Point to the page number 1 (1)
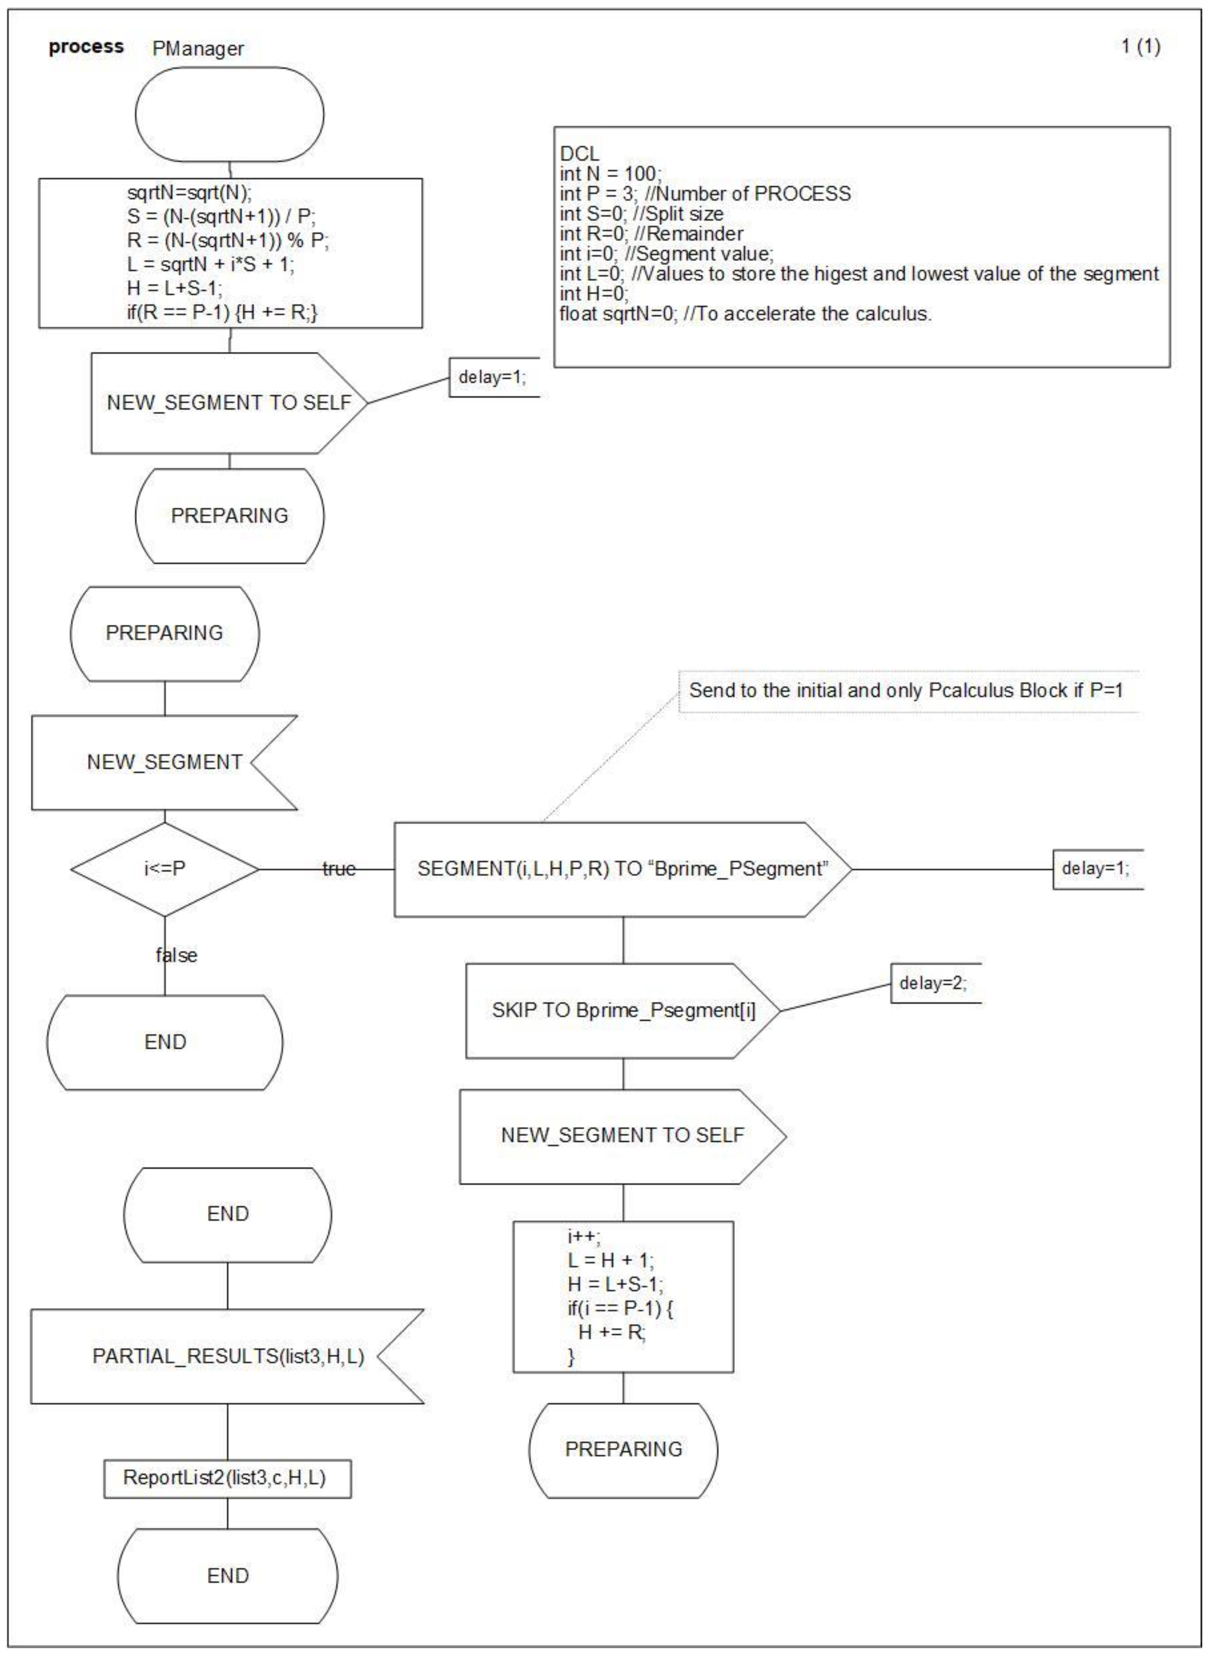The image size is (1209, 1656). [1140, 47]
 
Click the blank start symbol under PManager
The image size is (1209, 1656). [229, 115]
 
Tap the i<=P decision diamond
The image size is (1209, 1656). [165, 869]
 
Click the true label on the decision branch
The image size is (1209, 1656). [339, 869]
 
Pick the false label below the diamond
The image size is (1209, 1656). [176, 955]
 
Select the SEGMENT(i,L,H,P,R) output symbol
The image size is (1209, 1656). [622, 869]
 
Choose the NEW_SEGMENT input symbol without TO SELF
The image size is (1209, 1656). [164, 762]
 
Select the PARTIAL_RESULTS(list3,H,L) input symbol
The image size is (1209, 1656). [228, 1356]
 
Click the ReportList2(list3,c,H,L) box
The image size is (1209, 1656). [225, 1477]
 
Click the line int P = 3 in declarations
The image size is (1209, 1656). [705, 194]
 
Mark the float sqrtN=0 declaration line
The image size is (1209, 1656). [745, 314]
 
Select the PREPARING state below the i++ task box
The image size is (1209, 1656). [623, 1449]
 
